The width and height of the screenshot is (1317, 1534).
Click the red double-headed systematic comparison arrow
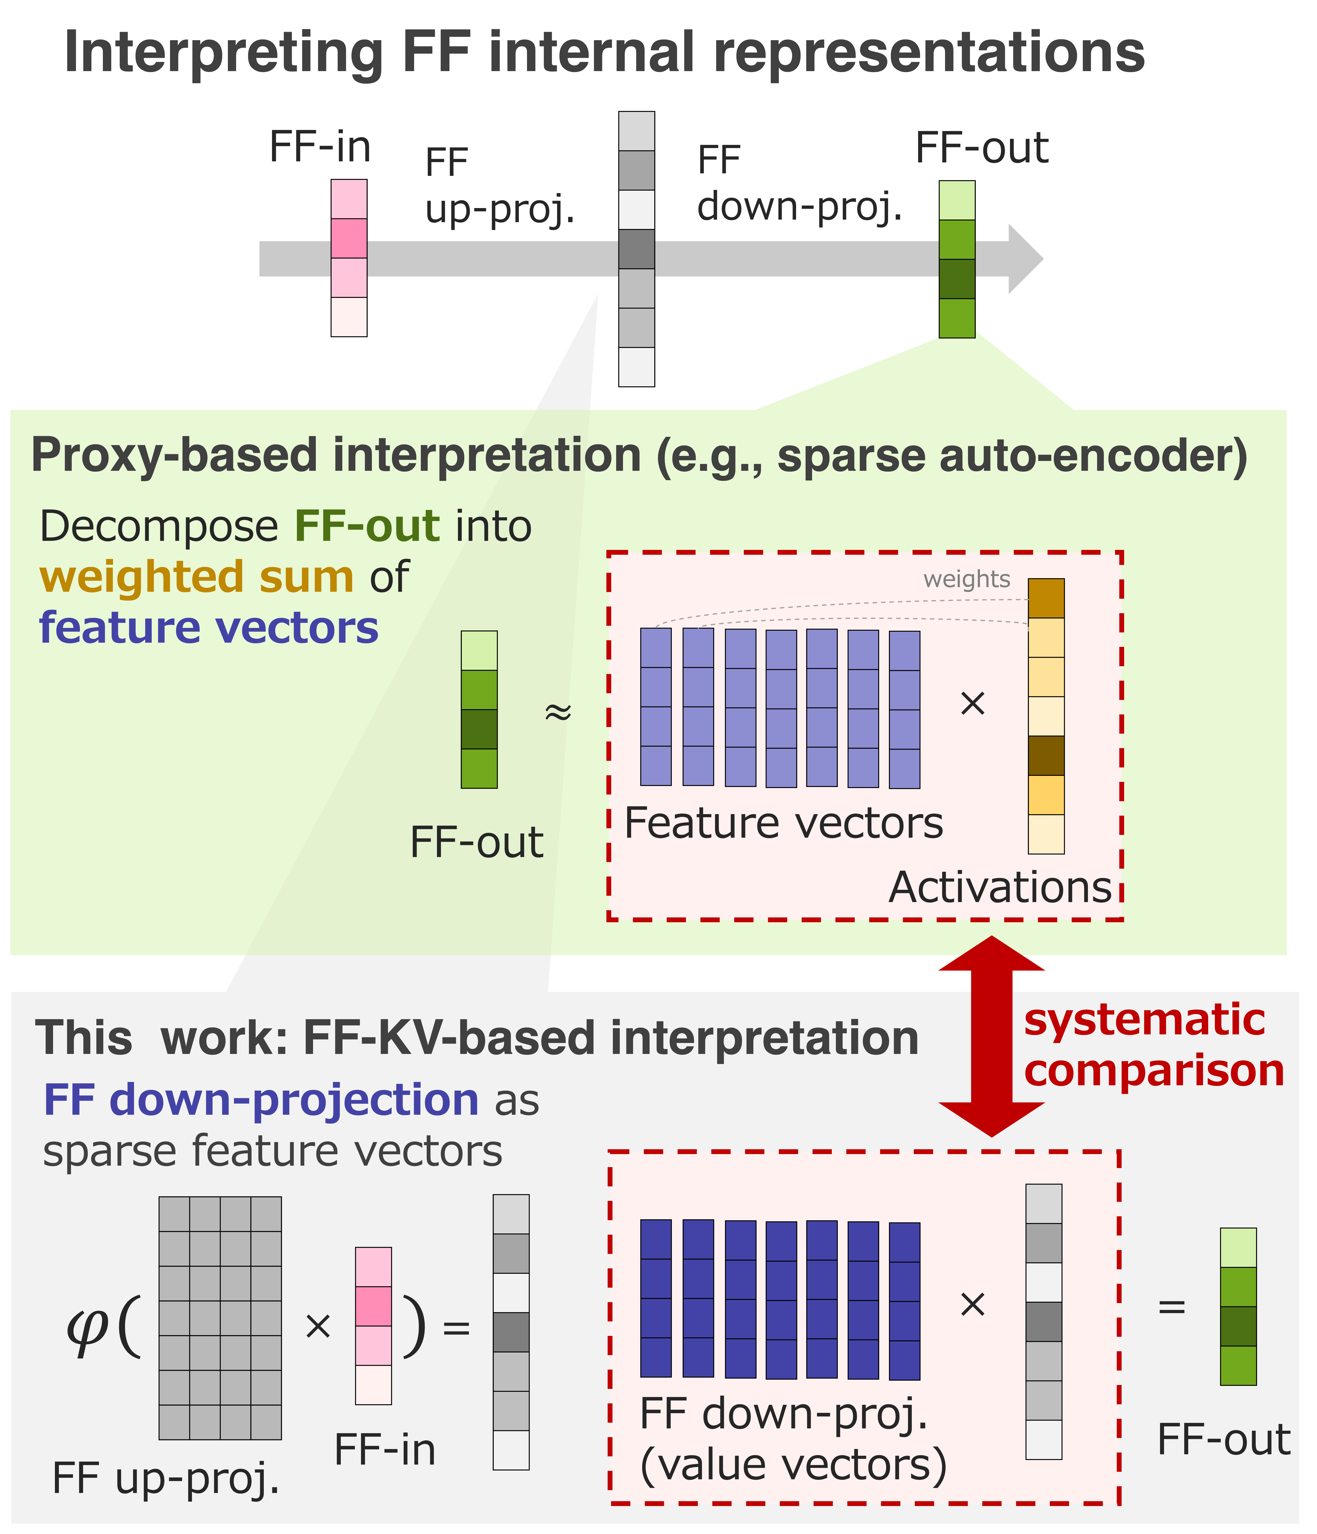(x=991, y=1036)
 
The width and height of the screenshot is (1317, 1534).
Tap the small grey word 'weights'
(x=966, y=579)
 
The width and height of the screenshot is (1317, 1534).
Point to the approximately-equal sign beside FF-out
(x=558, y=712)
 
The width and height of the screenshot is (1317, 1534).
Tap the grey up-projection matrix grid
(x=220, y=1318)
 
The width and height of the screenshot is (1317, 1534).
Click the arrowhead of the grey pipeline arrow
(x=1025, y=259)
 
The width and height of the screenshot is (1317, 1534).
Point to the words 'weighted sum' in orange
(x=196, y=577)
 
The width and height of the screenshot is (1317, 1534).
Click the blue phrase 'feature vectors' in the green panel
(x=209, y=628)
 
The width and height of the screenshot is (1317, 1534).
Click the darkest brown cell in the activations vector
(x=1046, y=755)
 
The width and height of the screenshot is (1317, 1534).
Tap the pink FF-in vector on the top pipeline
(x=349, y=258)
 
